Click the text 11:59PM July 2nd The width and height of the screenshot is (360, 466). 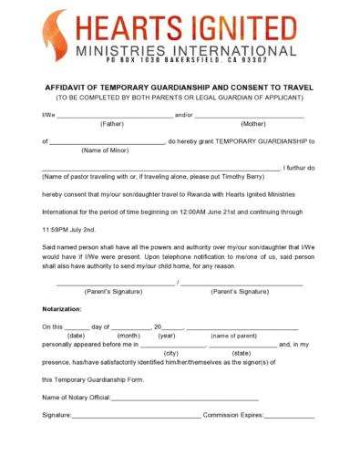[75, 229]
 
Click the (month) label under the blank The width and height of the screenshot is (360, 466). [128, 335]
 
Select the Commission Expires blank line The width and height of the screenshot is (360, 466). [289, 416]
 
